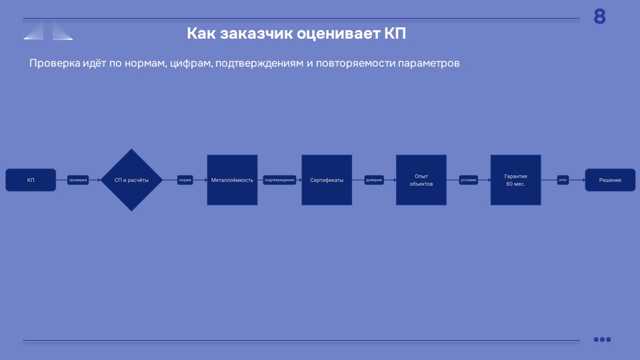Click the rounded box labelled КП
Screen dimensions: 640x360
point(31,180)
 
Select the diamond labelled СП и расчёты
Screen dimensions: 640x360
point(131,180)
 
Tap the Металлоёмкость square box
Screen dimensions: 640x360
point(232,180)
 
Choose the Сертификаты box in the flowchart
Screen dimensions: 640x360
point(327,180)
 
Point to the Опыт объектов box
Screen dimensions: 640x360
point(421,180)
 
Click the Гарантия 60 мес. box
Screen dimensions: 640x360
point(515,180)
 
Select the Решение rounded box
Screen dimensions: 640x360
point(610,180)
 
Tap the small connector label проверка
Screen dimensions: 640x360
point(78,180)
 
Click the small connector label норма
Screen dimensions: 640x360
point(185,180)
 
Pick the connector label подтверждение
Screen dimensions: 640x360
point(279,180)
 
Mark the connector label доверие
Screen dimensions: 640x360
point(374,180)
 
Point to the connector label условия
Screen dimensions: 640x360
point(469,180)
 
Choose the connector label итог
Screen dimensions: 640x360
point(563,180)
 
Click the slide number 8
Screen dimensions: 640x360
point(599,17)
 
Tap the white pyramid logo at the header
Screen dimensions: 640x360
point(48,31)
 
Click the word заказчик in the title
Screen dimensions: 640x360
point(257,33)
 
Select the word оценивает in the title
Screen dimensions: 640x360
point(339,34)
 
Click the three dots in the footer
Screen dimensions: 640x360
point(602,339)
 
